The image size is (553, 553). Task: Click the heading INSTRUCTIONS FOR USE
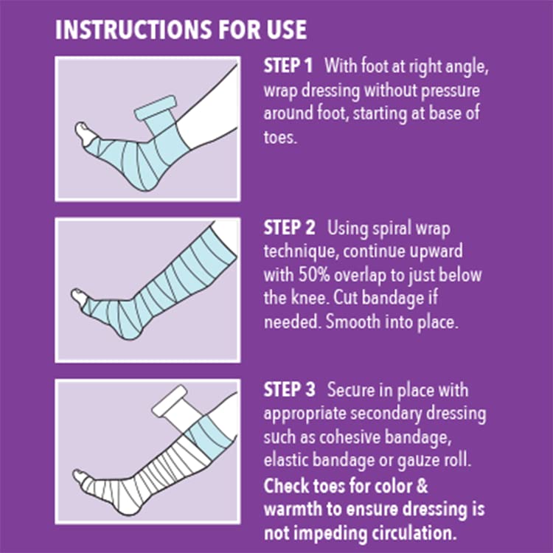181,29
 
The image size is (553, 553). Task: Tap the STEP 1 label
288,66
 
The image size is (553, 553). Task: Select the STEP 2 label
289,228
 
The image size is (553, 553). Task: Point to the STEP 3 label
289,390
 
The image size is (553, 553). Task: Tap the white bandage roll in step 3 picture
170,401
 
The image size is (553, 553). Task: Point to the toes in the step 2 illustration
80,297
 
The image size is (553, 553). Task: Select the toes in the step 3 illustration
81,477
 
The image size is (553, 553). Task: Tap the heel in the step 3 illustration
128,508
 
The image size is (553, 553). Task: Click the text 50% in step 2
314,275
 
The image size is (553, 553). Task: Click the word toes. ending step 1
280,137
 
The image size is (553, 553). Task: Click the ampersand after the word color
422,486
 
